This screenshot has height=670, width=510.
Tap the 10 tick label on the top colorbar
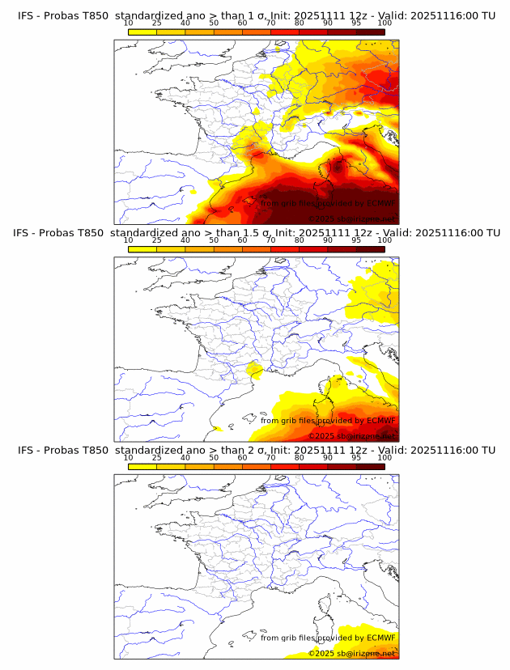129,23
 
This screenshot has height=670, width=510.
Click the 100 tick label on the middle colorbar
385,240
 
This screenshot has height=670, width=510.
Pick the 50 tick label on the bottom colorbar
214,457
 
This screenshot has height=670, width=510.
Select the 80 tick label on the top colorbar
300,23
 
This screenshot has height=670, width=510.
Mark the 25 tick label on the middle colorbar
157,240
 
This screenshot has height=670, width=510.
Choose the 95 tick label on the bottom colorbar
356,457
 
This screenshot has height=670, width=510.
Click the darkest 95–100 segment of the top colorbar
370,32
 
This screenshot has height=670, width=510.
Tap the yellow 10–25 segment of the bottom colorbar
142,466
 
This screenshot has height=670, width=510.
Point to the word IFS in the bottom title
26,450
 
